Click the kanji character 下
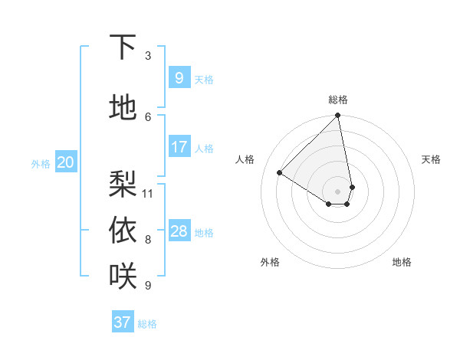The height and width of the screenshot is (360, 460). (x=123, y=47)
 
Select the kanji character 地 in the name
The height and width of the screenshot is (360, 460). (x=123, y=108)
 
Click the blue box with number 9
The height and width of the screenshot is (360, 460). (x=179, y=78)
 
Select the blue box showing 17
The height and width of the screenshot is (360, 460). (x=179, y=147)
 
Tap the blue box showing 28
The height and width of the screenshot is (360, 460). (x=179, y=231)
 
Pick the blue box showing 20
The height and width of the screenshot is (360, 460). (x=66, y=162)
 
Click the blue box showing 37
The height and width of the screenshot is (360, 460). (x=123, y=322)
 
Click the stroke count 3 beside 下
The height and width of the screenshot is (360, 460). (x=148, y=56)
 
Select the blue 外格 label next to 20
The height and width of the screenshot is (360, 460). (x=41, y=163)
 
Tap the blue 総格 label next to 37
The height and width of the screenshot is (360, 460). (x=147, y=324)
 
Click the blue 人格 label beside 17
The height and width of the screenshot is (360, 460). (x=204, y=149)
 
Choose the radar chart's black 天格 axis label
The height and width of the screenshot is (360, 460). (x=431, y=159)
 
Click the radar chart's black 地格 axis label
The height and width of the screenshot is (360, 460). (x=402, y=262)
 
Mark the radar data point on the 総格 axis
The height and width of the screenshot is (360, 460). (x=337, y=116)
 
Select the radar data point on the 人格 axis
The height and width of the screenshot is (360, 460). (x=280, y=172)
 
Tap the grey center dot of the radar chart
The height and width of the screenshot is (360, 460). (x=337, y=191)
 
